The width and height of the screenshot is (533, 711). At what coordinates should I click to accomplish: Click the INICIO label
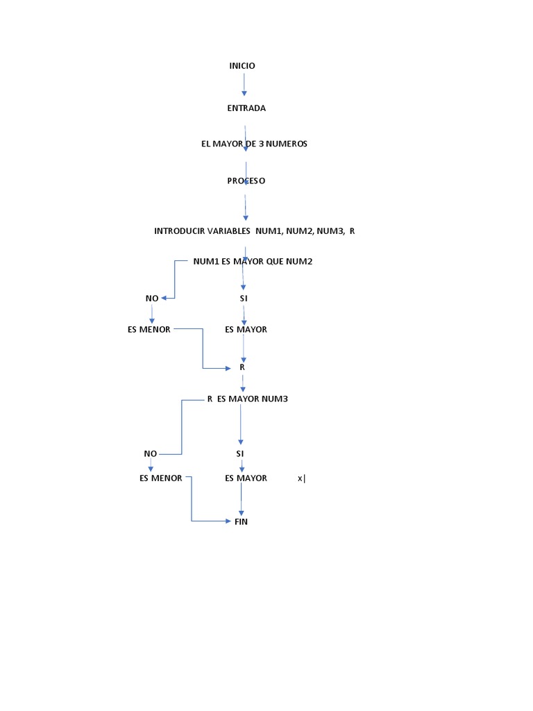pos(242,66)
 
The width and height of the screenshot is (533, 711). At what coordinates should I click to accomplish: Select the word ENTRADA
pos(246,108)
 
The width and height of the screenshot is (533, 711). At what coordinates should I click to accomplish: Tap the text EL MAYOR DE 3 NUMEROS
pos(254,144)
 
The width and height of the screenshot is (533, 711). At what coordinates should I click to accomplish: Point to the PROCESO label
pos(246,181)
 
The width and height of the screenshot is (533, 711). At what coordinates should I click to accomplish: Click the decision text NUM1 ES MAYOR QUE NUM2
pos(253,262)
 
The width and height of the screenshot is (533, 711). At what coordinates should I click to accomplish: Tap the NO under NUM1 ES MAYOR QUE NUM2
pos(152,298)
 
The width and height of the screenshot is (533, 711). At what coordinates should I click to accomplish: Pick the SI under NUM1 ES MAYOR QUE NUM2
pos(243,298)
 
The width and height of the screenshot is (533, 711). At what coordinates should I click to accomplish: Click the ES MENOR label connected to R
pos(149,329)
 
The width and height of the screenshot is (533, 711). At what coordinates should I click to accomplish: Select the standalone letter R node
pos(242,367)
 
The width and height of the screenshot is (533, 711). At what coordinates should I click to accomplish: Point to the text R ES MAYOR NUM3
pos(247,399)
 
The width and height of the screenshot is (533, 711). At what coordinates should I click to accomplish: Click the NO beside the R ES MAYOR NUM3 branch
pos(151,453)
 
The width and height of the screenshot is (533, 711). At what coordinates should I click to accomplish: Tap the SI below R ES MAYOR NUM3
pos(240,453)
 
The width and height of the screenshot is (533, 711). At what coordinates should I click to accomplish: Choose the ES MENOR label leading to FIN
pos(160,478)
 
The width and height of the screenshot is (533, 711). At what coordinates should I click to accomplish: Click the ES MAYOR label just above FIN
pos(246,478)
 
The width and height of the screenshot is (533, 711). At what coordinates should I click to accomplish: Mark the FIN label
pos(241,521)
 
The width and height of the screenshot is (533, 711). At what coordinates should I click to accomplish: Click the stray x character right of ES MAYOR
pos(301,478)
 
